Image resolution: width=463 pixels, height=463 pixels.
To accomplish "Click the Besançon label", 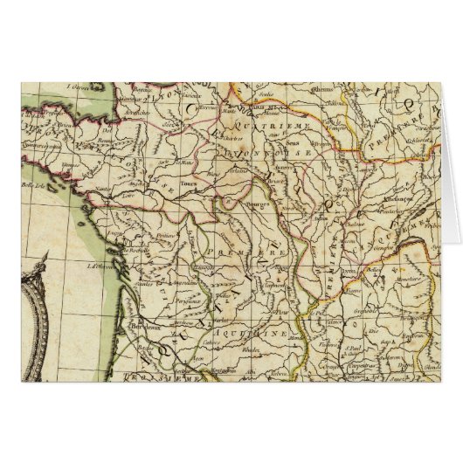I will [385, 201].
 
